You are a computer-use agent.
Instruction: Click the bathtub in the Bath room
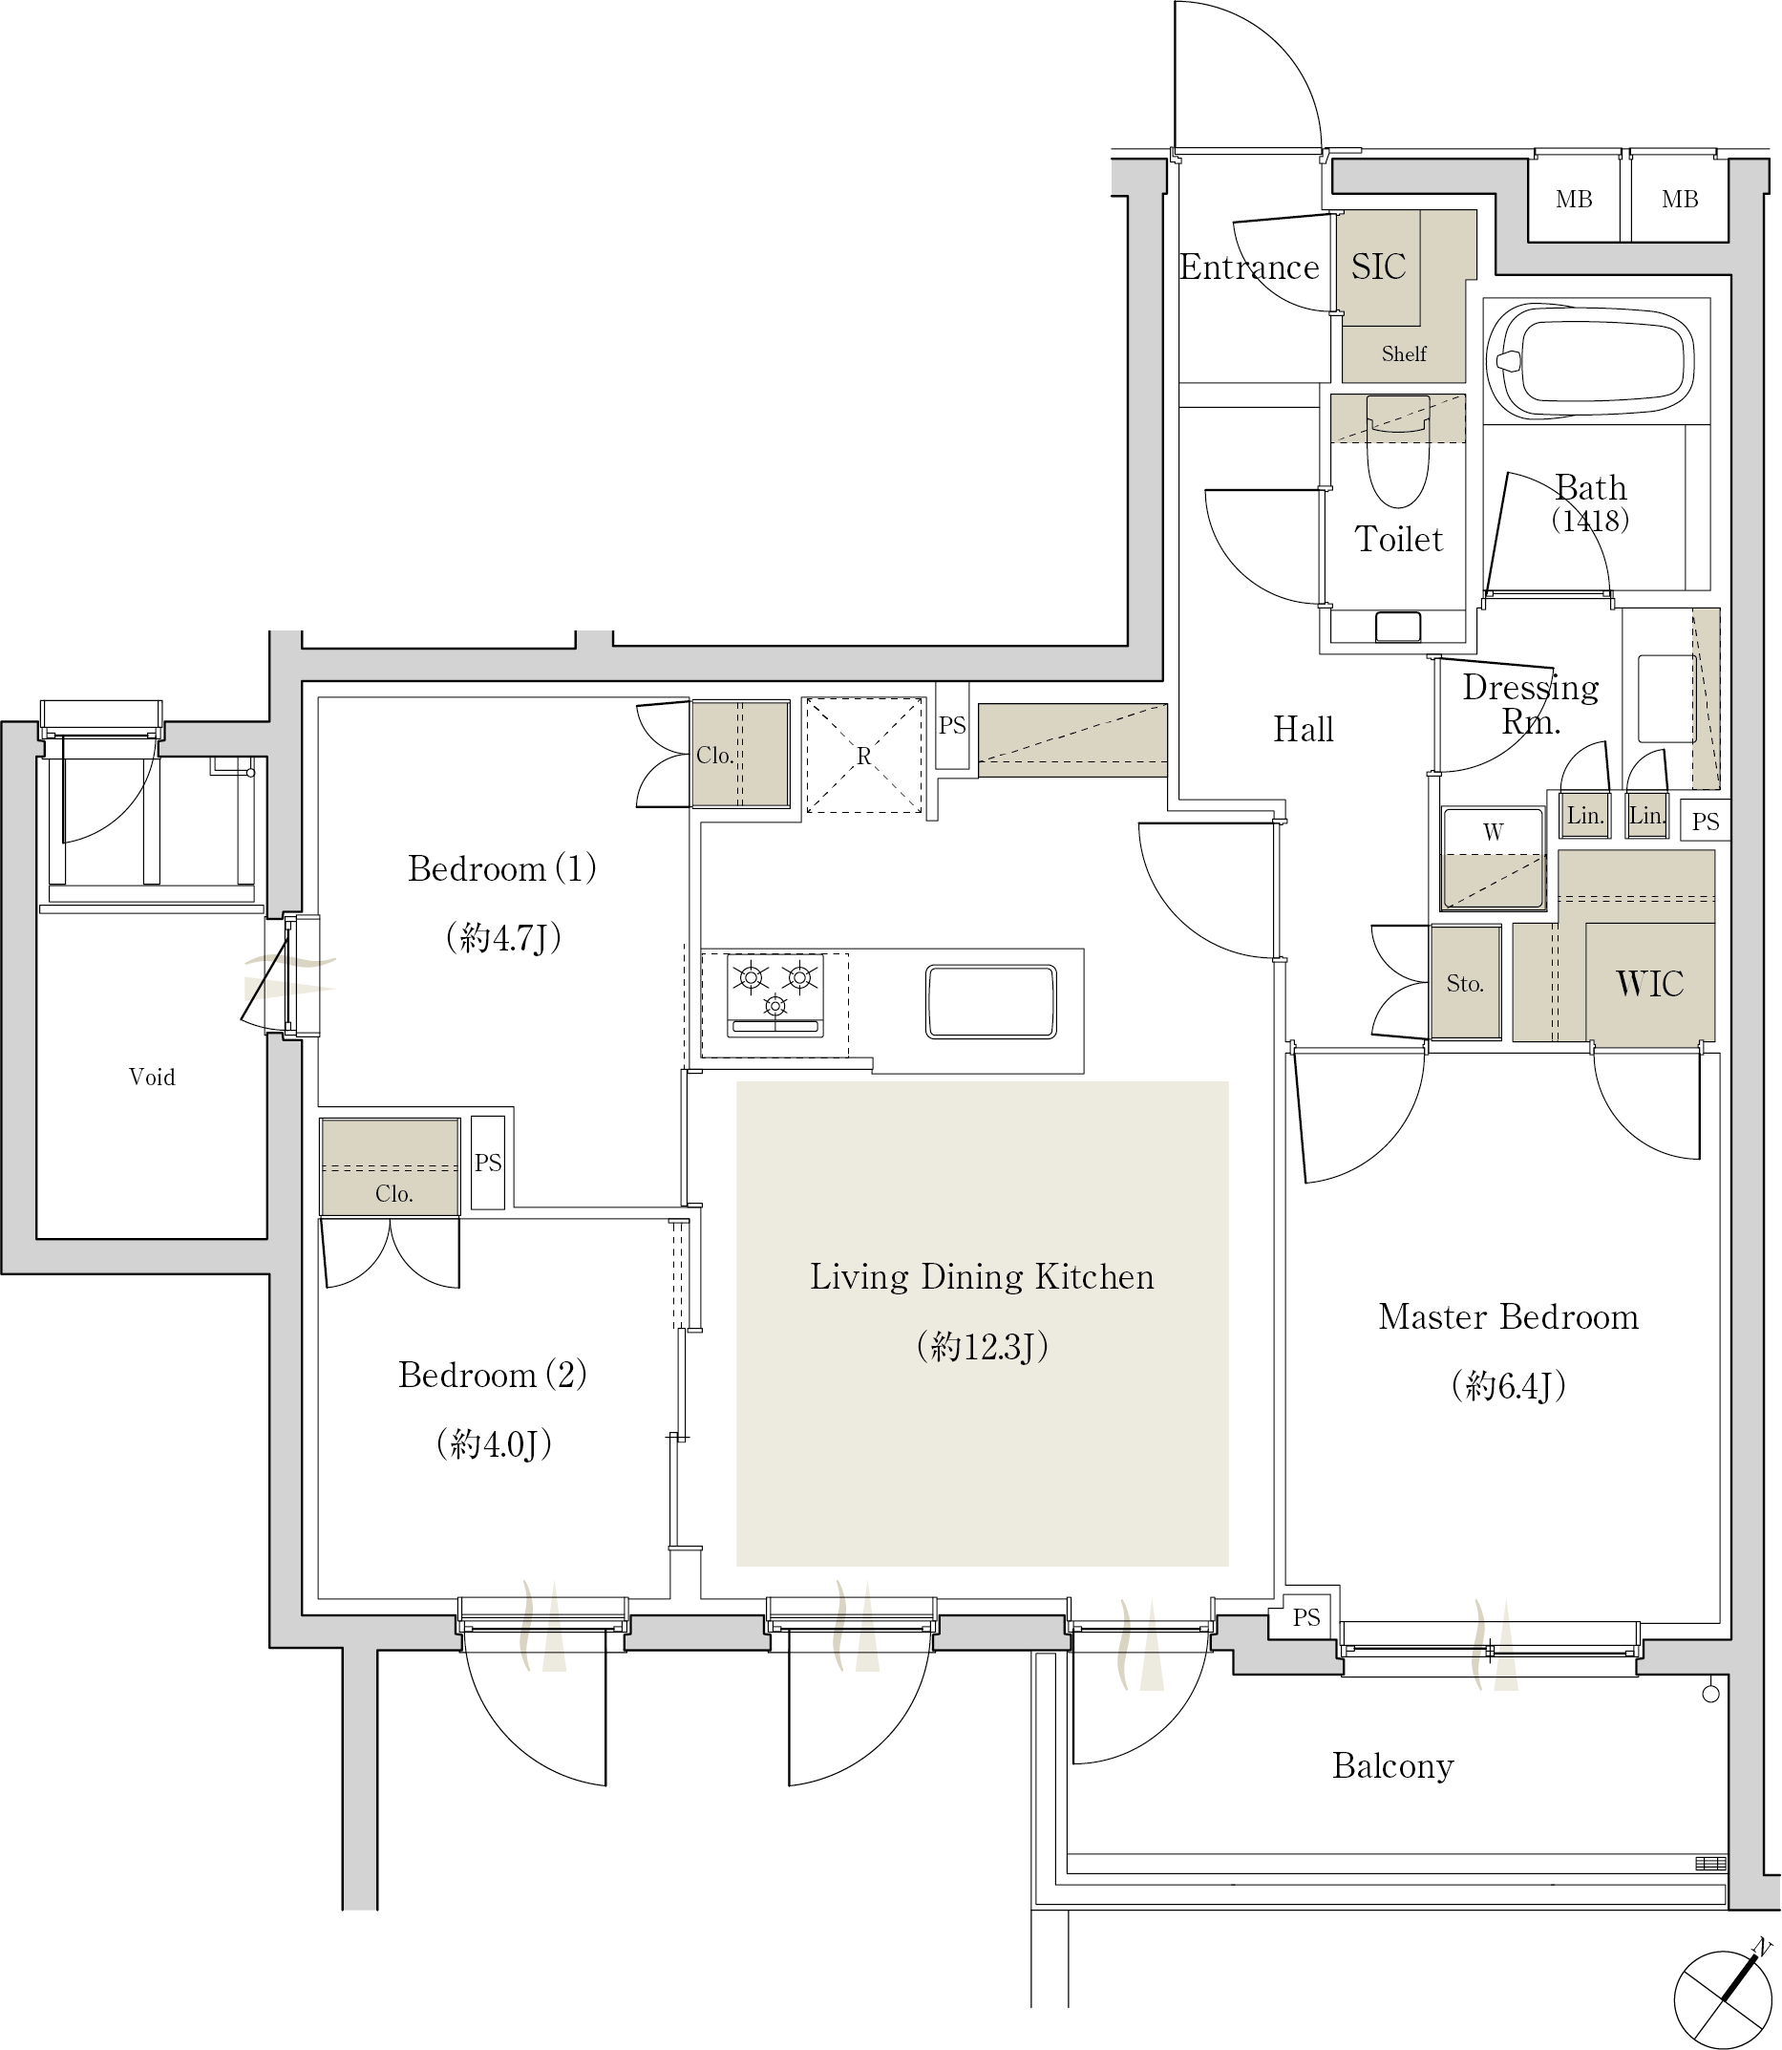point(1590,360)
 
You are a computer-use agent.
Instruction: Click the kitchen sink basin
point(990,1000)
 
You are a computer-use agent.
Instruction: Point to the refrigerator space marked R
point(863,755)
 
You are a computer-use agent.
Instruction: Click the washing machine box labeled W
point(1493,858)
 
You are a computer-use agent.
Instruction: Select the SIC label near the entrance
point(1378,267)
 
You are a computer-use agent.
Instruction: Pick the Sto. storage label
point(1465,984)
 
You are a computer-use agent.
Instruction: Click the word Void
point(152,1077)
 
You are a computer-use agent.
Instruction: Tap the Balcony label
point(1393,1765)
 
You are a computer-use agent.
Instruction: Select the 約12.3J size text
point(983,1346)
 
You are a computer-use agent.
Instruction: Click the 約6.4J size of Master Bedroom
point(1509,1384)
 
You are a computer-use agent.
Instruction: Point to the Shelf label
point(1404,353)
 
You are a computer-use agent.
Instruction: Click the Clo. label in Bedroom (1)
point(714,755)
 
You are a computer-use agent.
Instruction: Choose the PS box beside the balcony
point(1305,1618)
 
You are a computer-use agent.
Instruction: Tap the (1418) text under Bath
point(1590,520)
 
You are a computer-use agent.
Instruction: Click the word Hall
point(1304,729)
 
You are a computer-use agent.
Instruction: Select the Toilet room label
point(1398,538)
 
